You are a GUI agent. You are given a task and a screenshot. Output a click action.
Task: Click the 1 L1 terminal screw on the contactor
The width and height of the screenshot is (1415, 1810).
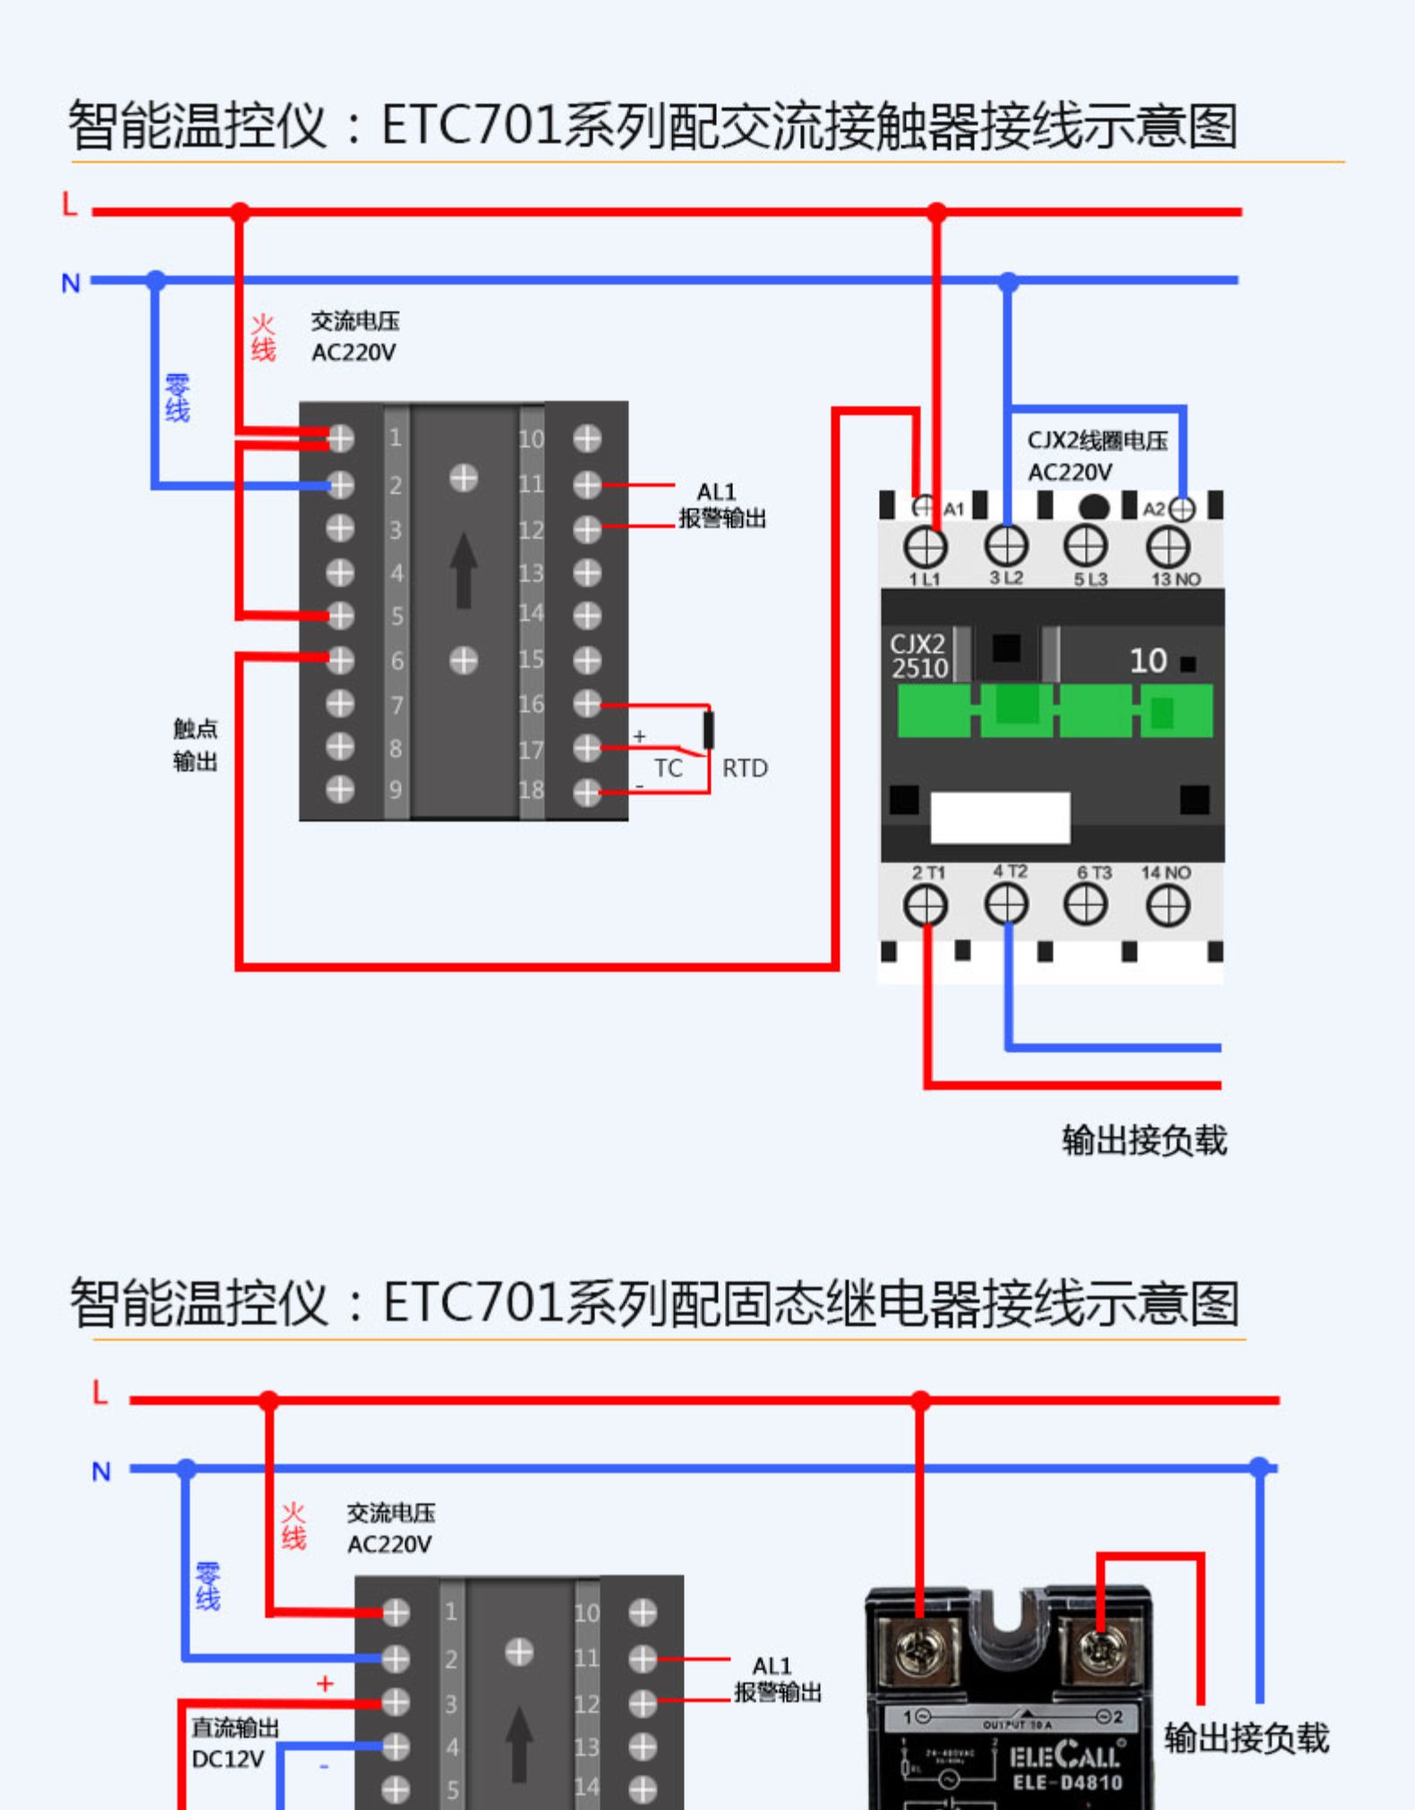(x=925, y=547)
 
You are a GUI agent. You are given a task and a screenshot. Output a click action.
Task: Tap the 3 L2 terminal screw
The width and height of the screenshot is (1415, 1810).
(x=1006, y=546)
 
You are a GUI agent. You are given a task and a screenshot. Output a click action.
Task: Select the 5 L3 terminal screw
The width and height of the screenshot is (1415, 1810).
(x=1086, y=546)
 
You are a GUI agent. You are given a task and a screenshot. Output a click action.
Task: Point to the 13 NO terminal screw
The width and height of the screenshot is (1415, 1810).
(x=1168, y=547)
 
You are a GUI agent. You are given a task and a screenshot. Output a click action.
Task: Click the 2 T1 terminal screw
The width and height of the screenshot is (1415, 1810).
(x=925, y=906)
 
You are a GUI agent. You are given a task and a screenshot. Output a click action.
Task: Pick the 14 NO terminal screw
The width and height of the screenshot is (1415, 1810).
(x=1168, y=907)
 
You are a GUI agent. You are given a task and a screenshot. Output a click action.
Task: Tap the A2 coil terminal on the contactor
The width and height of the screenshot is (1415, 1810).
(x=1181, y=509)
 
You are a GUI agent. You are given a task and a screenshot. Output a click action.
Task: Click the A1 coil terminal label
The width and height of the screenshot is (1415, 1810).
(x=954, y=509)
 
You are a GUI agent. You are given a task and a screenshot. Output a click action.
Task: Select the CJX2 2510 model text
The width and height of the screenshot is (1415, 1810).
(x=918, y=657)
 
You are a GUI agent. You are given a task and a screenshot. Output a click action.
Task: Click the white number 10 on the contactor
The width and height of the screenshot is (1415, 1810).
(x=1147, y=661)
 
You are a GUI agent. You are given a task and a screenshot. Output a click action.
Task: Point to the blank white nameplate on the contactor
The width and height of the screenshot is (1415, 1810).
(x=1000, y=817)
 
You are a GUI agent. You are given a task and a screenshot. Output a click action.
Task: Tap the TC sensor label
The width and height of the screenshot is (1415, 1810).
(x=668, y=769)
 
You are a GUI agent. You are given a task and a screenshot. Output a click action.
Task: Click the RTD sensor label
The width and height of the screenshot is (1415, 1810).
(x=745, y=769)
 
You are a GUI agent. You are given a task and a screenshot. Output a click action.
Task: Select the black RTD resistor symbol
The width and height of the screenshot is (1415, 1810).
(x=708, y=730)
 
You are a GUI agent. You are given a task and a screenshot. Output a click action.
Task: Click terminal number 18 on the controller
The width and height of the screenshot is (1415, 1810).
(x=531, y=790)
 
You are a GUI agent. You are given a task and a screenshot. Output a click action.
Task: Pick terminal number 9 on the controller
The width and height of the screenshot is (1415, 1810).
(x=396, y=790)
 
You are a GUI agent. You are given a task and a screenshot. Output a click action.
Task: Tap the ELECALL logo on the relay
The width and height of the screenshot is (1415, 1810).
(x=1065, y=1755)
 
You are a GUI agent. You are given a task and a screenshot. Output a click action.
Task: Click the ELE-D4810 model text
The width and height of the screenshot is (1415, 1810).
(x=1067, y=1783)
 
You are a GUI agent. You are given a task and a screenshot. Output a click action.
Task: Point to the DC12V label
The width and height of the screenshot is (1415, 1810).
(x=228, y=1760)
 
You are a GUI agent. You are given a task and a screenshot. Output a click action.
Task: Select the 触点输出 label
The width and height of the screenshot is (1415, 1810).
(x=195, y=745)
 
